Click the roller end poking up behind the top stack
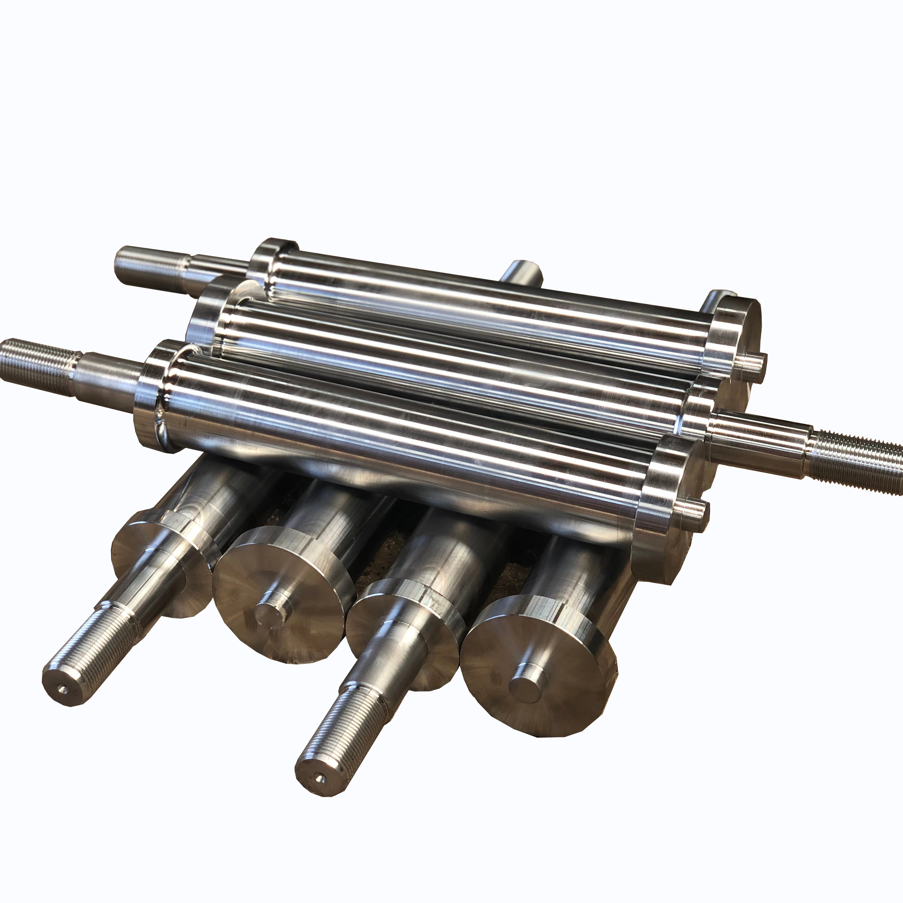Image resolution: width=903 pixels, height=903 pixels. (521, 271)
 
